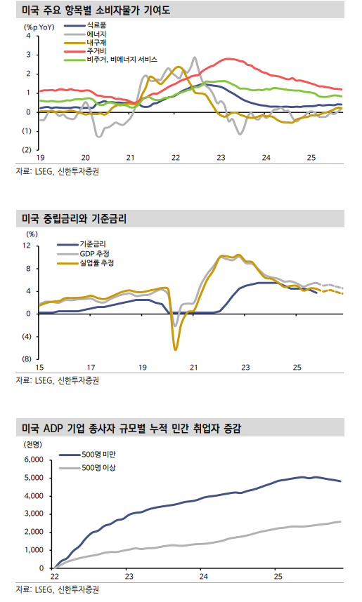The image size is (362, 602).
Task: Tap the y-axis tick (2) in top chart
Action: (26, 149)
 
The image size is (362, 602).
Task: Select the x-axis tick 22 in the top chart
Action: (175, 157)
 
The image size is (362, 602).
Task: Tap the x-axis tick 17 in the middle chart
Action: (91, 367)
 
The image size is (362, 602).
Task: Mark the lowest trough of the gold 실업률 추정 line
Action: (175, 349)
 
